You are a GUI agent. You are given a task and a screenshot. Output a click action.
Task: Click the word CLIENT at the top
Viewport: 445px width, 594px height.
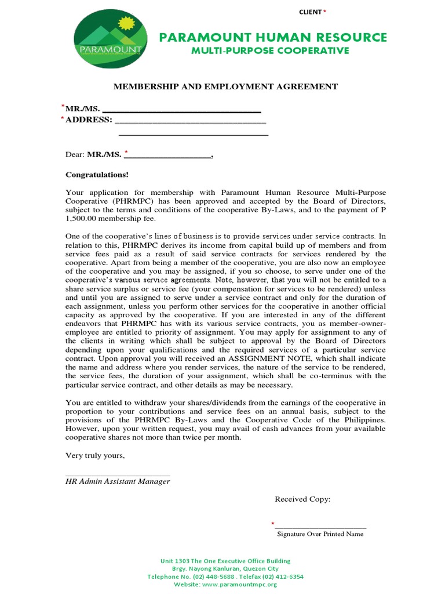310,12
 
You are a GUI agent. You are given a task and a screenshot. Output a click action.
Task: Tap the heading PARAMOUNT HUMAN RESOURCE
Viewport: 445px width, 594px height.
273,38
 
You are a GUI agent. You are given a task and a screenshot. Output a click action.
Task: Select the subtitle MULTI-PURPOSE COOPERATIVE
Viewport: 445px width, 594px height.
271,51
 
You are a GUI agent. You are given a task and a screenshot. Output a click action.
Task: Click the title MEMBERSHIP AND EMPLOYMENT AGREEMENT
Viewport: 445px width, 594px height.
225,86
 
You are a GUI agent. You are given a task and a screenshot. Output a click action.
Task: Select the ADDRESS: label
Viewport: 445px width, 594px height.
89,120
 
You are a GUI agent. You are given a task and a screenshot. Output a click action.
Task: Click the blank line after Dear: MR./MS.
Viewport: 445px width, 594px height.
170,155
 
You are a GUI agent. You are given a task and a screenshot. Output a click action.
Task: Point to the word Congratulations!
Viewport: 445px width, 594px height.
97,175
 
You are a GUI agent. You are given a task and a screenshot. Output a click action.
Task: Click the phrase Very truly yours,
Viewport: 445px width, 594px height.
95,455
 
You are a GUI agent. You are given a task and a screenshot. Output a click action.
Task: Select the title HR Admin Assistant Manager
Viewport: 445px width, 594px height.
118,481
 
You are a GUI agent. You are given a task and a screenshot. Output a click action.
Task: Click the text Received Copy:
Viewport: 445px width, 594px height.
302,499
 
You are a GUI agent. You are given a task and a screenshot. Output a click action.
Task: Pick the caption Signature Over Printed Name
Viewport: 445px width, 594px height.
320,534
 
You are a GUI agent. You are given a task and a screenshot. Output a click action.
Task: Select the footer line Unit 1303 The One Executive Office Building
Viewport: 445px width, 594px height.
225,561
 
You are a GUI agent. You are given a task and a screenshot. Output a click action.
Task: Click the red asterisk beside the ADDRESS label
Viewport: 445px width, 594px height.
62,118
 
